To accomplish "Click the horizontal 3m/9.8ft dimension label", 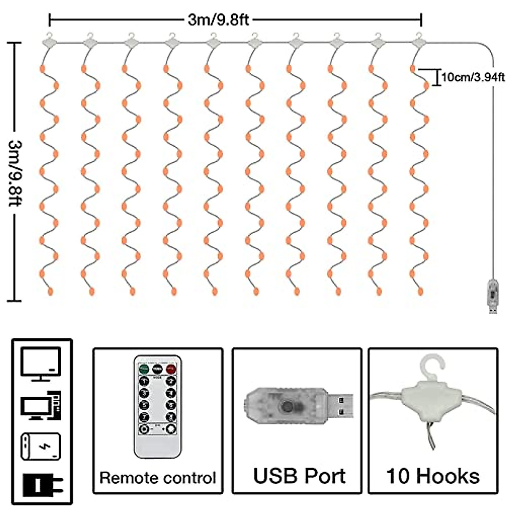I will tap(218, 19).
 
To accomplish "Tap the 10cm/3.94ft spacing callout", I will tap(473, 77).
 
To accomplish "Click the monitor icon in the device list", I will tap(41, 364).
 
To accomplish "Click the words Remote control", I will tap(158, 478).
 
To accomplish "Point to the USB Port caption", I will tap(299, 476).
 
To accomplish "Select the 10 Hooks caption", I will tap(433, 476).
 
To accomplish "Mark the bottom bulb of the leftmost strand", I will tap(51, 291).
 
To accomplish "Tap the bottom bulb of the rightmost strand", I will tap(420, 291).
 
